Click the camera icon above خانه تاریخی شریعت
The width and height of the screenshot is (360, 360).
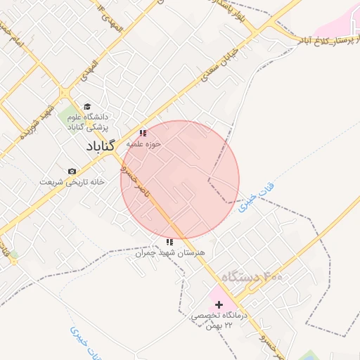pos(72,171)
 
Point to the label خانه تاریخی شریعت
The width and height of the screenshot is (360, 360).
pos(72,181)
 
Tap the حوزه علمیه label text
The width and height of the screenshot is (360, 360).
pos(144,143)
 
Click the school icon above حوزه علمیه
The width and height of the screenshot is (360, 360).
pos(143,132)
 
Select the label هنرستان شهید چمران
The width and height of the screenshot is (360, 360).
pos(169,252)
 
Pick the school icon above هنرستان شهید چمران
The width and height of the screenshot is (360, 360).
pos(169,241)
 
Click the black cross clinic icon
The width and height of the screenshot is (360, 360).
pos(220,304)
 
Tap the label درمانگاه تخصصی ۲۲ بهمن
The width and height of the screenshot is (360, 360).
pos(217,321)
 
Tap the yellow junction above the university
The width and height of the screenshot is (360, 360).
pos(65,92)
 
